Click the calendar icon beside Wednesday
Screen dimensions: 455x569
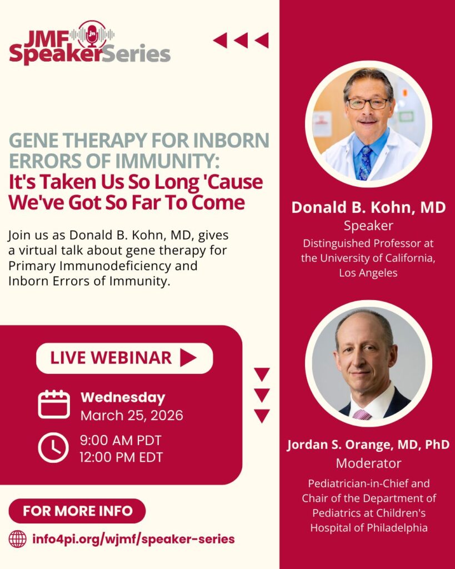point(54,405)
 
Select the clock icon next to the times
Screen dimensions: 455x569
point(53,448)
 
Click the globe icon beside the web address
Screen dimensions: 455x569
point(17,539)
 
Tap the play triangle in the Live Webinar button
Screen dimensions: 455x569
point(188,358)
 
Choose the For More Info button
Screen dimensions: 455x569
point(77,511)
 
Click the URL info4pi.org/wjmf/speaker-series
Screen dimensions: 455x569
point(133,539)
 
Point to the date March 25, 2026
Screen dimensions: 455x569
point(132,416)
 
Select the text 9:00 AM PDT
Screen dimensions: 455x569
point(121,440)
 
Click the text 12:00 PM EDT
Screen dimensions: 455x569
point(122,457)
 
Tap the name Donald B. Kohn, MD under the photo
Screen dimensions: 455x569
point(369,208)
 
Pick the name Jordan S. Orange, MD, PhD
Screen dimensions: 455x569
point(368,445)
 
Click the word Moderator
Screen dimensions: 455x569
point(369,463)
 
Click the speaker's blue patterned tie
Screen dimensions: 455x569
point(365,163)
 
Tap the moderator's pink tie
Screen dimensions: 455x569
point(362,415)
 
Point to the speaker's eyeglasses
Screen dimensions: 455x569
point(368,103)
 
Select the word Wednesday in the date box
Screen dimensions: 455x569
point(123,398)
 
